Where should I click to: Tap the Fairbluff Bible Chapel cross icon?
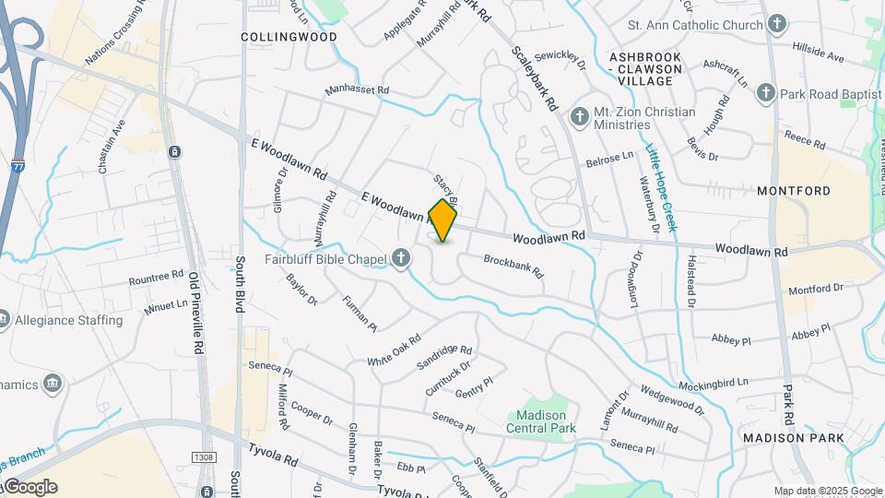point(401,260)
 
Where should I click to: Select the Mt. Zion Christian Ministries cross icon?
point(579,117)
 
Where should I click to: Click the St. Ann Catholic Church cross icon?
point(778,24)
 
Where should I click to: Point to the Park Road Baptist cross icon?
point(765,93)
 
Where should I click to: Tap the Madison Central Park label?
point(540,421)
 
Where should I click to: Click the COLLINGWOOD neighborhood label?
point(276,37)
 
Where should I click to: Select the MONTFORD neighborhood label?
point(794,191)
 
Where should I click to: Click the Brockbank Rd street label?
point(513,267)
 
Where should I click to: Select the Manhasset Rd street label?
point(357,91)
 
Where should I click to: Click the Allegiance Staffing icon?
point(5,321)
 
